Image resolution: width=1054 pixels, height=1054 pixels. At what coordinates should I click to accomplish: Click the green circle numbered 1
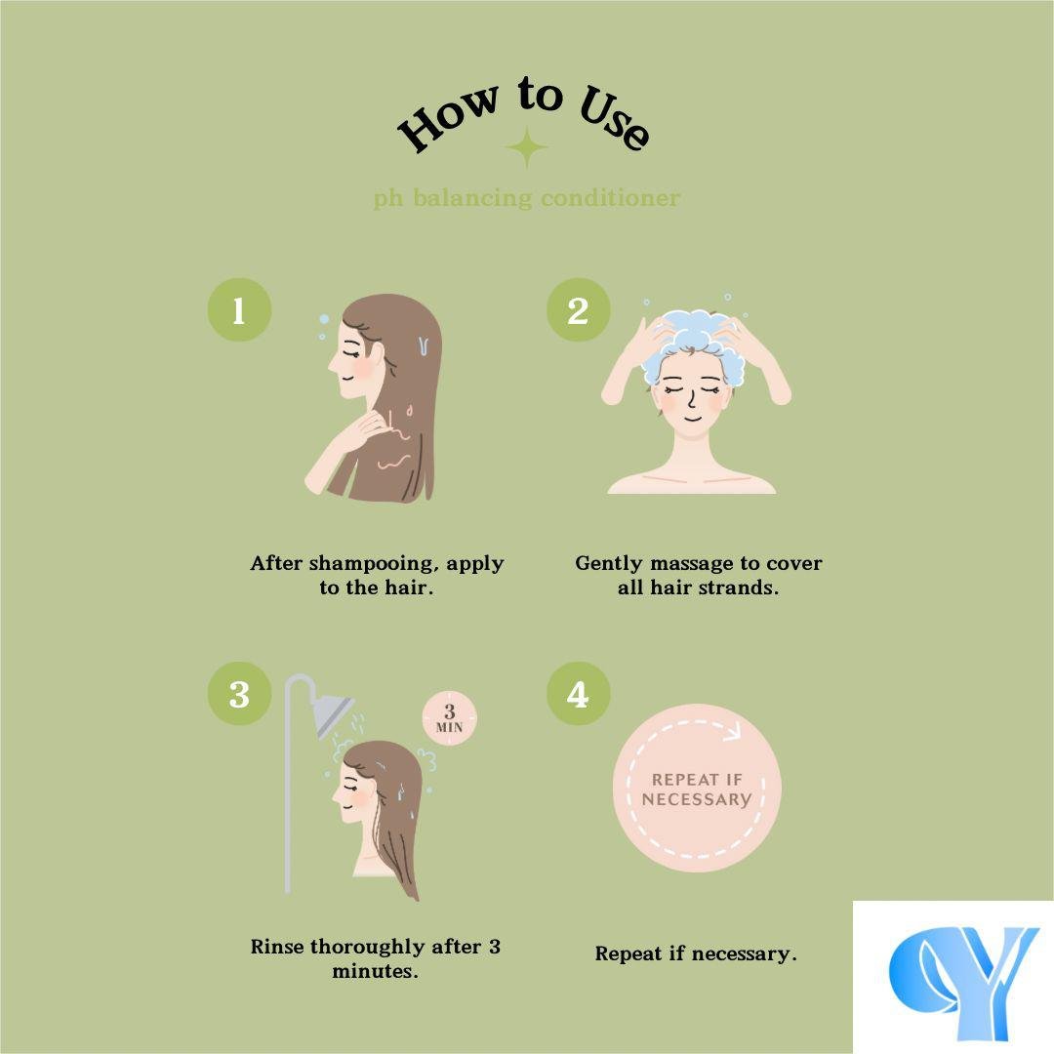tap(239, 310)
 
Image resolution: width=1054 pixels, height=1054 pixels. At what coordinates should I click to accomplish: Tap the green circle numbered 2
tap(578, 310)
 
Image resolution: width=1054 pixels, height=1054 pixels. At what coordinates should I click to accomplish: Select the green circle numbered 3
tap(239, 694)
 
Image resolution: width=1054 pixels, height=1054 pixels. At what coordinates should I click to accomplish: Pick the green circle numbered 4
tap(578, 694)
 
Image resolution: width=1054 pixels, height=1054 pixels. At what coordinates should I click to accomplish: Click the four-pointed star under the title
tap(526, 147)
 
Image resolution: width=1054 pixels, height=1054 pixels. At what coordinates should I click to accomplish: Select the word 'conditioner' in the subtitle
tap(610, 197)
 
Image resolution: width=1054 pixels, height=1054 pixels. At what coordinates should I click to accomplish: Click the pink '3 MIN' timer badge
tap(450, 718)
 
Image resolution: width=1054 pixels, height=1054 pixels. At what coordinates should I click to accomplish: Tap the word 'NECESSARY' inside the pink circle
tap(697, 799)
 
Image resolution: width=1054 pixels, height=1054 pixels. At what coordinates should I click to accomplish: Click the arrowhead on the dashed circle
tap(732, 731)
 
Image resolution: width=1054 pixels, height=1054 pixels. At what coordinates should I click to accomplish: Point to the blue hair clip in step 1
tap(424, 346)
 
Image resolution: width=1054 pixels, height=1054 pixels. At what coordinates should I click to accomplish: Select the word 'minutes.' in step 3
tap(375, 971)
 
